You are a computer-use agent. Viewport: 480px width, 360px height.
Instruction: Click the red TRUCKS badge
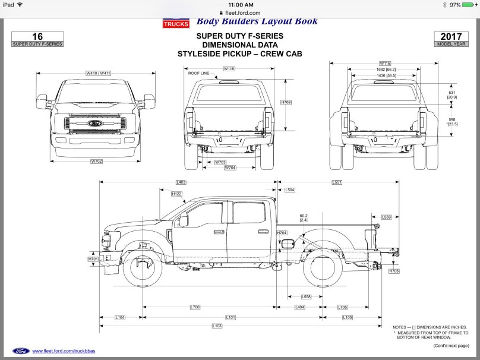pyautogui.click(x=176, y=24)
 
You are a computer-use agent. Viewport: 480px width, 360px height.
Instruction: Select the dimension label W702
pyautogui.click(x=97, y=161)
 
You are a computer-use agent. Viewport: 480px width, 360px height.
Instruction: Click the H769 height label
pyautogui.click(x=286, y=103)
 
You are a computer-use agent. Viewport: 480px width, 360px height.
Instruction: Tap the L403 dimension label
pyautogui.click(x=181, y=182)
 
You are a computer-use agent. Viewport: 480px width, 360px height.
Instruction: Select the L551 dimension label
pyautogui.click(x=337, y=182)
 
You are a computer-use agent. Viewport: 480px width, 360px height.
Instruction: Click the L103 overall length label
pyautogui.click(x=217, y=326)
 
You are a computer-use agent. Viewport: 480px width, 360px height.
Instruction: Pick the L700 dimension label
pyautogui.click(x=195, y=307)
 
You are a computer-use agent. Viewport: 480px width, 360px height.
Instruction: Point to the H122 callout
pyautogui.click(x=176, y=194)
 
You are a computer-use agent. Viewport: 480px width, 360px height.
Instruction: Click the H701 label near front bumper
pyautogui.click(x=93, y=259)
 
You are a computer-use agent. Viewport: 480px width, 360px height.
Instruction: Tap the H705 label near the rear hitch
pyautogui.click(x=394, y=271)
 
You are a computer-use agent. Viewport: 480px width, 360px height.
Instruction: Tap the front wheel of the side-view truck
pyautogui.click(x=143, y=268)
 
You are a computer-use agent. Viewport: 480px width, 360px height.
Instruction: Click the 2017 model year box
pyautogui.click(x=451, y=39)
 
